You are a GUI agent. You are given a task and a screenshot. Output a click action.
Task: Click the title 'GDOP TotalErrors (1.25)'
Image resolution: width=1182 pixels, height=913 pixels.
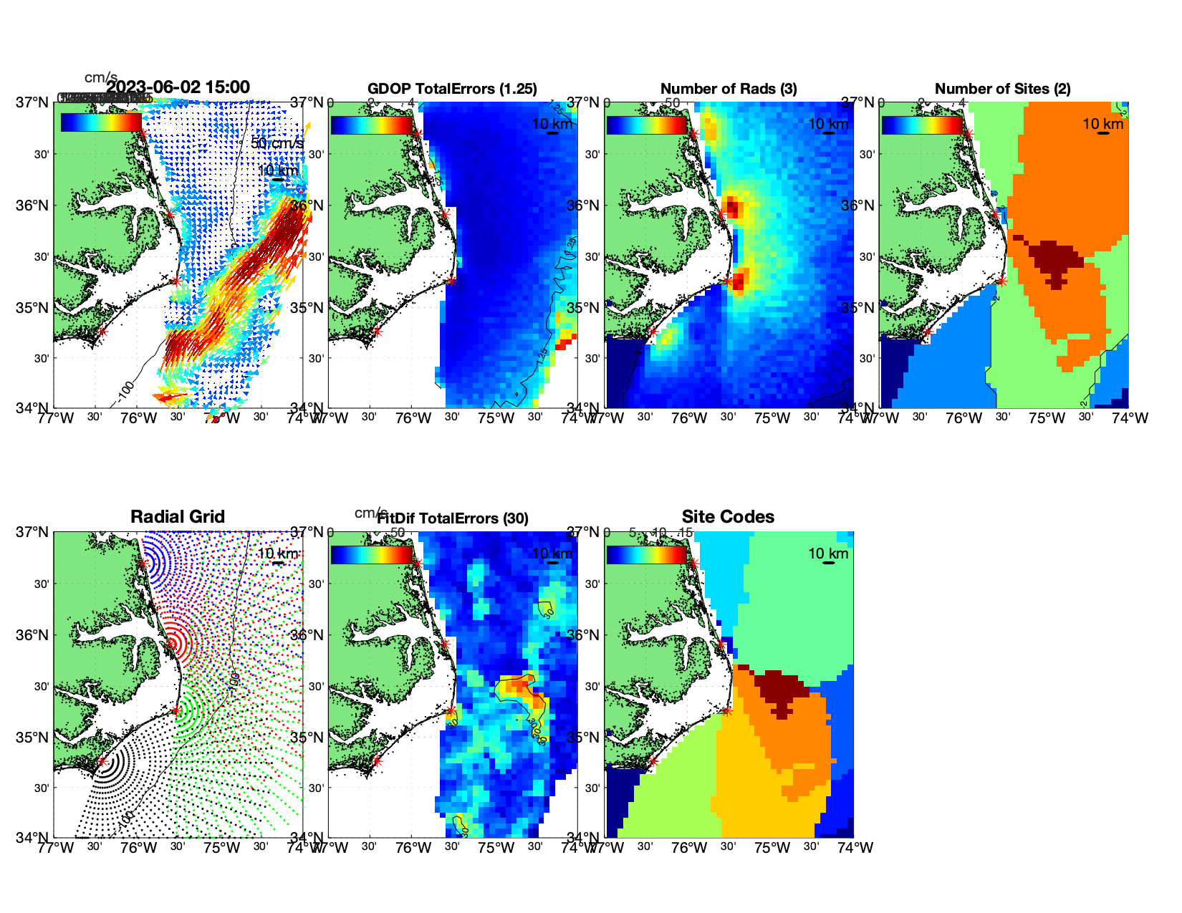[x=452, y=89]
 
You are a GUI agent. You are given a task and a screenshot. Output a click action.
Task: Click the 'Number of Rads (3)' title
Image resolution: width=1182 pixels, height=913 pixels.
[x=729, y=89]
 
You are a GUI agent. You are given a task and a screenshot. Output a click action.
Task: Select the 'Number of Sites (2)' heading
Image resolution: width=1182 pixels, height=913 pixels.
[x=1002, y=89]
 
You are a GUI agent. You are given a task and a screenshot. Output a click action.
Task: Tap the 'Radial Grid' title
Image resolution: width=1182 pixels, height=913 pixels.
[x=178, y=517]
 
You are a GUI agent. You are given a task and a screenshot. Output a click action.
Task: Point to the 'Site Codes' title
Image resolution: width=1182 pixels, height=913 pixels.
[x=728, y=517]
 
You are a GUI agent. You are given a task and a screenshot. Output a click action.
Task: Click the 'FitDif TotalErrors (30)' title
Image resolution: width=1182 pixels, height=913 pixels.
[x=453, y=518]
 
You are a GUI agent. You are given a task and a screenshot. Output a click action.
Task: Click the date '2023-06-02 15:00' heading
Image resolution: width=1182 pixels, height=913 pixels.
[x=178, y=87]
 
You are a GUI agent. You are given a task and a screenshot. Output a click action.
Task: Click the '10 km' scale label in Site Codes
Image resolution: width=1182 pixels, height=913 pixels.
[x=828, y=554]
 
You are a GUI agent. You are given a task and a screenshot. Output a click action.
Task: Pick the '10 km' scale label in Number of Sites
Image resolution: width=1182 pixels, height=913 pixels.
[x=1102, y=124]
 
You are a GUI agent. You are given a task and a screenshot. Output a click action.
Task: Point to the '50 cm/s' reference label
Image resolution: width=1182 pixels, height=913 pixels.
[x=277, y=143]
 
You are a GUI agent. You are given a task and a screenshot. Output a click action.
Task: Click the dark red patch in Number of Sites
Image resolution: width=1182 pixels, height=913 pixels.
[x=1054, y=259]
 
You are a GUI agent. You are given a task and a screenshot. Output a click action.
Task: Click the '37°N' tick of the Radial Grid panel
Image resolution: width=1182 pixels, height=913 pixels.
[x=33, y=532]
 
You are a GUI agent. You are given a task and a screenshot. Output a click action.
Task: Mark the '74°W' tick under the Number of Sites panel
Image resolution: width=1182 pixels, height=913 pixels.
[x=1130, y=418]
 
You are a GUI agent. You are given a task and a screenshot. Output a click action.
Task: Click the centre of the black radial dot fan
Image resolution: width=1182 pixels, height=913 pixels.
[x=103, y=762]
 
